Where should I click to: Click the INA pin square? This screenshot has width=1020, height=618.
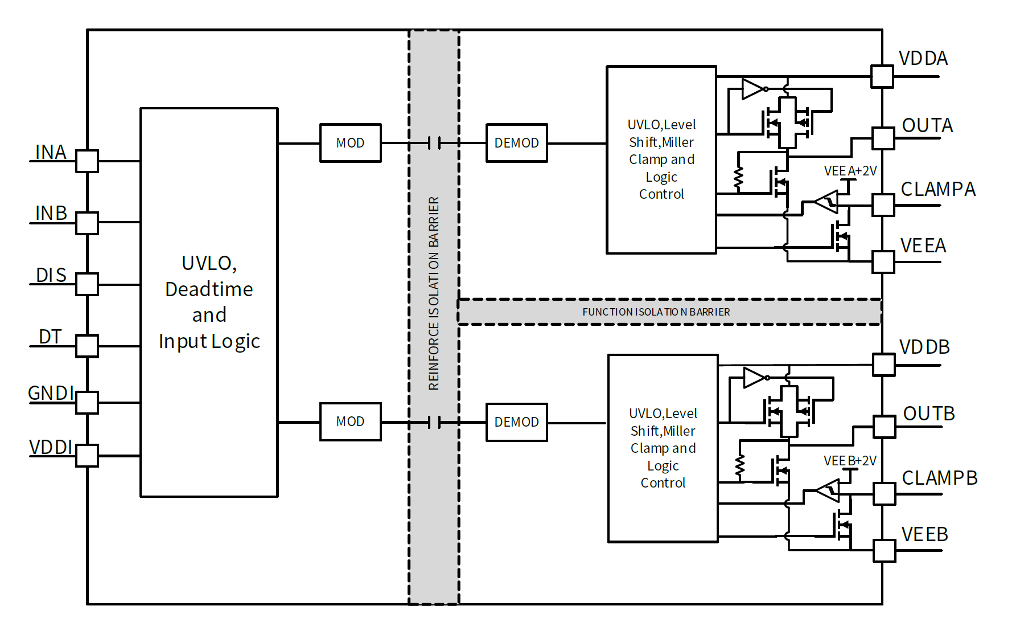click(87, 161)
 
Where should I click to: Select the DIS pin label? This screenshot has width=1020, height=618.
click(51, 276)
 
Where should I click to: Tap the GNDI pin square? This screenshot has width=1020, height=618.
click(87, 402)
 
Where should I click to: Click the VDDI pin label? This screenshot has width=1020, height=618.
click(51, 448)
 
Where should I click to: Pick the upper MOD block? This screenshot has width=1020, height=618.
click(350, 143)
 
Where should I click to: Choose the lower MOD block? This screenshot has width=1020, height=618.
click(350, 421)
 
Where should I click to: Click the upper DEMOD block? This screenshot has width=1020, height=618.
click(516, 143)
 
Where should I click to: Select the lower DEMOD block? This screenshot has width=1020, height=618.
click(516, 422)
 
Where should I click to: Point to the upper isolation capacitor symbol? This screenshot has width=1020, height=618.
click(434, 143)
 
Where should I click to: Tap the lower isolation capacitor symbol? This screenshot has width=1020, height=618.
click(434, 422)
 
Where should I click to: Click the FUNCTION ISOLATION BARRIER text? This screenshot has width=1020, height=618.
click(656, 312)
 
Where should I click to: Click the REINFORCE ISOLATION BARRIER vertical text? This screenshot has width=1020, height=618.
click(434, 293)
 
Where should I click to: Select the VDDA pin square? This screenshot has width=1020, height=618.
click(882, 76)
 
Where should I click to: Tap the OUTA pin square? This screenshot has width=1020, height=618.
click(883, 138)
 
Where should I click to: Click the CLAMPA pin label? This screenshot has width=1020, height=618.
click(938, 189)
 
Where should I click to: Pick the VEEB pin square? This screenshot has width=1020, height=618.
click(884, 551)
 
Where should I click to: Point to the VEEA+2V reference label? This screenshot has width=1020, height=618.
click(850, 171)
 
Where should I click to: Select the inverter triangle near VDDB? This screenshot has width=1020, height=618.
click(754, 378)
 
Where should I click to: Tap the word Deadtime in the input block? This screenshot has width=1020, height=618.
click(209, 289)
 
